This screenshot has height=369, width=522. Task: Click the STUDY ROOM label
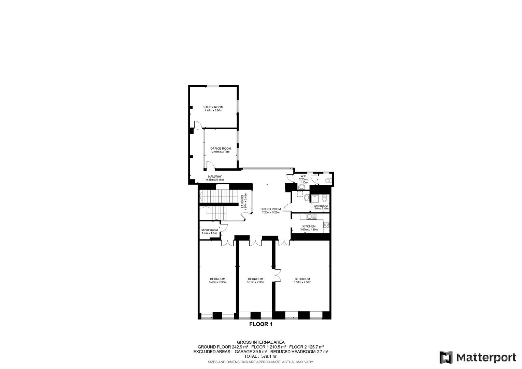[x=213, y=107]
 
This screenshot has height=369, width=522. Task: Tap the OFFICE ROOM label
[x=221, y=149]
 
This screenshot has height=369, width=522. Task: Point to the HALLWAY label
[x=215, y=177]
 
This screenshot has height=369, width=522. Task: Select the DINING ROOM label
[x=270, y=209]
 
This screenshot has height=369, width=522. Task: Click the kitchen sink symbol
[x=312, y=217]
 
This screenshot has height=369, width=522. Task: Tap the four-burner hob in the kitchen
[x=326, y=225]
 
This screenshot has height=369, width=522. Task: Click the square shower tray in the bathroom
[x=315, y=199]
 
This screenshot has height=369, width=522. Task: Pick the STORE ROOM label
[x=210, y=230]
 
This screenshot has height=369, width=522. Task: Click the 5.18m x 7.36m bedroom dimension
[x=302, y=282]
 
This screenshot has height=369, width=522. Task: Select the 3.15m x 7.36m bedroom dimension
[x=255, y=282]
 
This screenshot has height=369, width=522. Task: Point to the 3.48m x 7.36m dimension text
[x=218, y=282]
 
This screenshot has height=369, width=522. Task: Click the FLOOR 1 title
[x=261, y=324]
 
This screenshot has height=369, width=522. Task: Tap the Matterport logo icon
[x=446, y=357]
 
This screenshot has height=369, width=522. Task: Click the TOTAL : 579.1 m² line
[x=261, y=356]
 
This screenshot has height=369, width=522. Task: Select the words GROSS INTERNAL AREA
[x=261, y=342]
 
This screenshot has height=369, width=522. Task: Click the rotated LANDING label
[x=242, y=201]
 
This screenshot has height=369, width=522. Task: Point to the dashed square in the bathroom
[x=300, y=194]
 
